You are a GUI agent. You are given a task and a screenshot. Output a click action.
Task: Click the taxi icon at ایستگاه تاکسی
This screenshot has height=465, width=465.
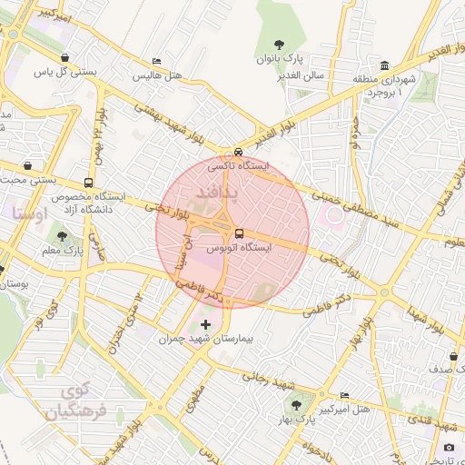click(x=238, y=153)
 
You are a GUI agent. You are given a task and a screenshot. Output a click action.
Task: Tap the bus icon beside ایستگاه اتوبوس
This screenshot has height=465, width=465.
click(x=239, y=232)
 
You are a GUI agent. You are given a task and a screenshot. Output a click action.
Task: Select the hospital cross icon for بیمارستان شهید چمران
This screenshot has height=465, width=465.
click(x=205, y=324)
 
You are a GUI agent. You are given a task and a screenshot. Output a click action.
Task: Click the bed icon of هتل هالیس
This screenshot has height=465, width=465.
click(x=156, y=62)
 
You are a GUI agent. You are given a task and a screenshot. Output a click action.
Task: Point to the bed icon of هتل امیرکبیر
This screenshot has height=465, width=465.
click(x=343, y=396)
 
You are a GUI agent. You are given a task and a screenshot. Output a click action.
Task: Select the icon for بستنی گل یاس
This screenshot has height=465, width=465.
click(x=64, y=57)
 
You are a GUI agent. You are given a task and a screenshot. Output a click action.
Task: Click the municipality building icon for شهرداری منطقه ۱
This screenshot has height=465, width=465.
click(x=385, y=66)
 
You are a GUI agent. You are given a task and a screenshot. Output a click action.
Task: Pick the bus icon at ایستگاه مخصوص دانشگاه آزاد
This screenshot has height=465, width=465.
click(x=87, y=183)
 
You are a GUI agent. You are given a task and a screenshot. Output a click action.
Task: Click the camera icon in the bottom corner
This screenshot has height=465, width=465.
click(x=449, y=447)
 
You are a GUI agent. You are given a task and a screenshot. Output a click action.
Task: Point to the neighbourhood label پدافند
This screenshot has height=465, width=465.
click(x=217, y=192)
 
